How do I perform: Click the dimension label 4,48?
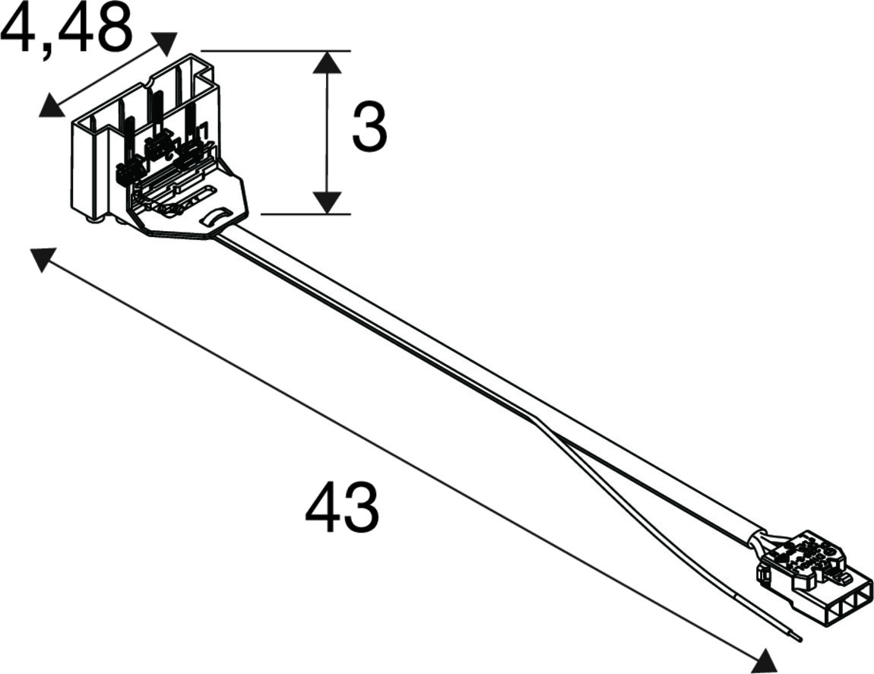66,28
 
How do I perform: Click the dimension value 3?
369,128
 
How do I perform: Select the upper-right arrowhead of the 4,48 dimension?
164,43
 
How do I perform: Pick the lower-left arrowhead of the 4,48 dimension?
51,106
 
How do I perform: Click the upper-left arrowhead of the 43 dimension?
42,258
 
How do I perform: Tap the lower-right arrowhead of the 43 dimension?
764,660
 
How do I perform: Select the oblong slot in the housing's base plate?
198,196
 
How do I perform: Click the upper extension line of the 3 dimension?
275,51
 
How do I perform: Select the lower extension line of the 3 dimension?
306,214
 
